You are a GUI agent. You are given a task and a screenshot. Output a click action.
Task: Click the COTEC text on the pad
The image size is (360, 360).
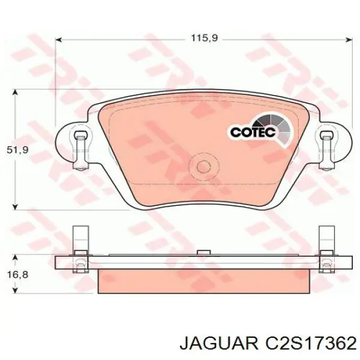[x=252, y=131]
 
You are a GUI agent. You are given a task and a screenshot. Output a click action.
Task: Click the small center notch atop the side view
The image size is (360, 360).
[x=203, y=252]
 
